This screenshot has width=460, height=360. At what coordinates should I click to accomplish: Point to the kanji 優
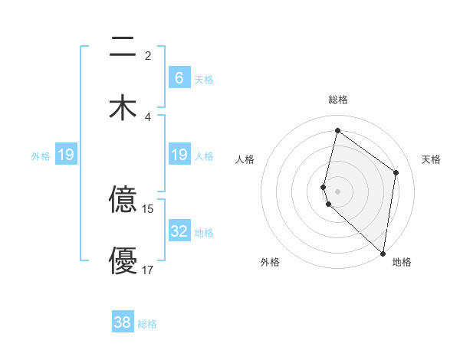click(x=123, y=260)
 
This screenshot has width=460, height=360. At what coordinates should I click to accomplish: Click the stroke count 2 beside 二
click(x=147, y=56)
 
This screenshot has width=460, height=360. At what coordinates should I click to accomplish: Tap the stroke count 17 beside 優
click(x=148, y=270)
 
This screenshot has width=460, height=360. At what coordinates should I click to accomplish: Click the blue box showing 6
click(x=179, y=77)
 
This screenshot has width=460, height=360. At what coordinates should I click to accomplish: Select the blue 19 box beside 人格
click(x=179, y=155)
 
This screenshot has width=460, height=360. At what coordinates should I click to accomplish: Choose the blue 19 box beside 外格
click(x=66, y=155)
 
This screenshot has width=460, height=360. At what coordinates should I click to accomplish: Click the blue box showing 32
click(x=179, y=231)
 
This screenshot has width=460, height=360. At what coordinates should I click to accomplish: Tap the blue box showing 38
click(x=123, y=322)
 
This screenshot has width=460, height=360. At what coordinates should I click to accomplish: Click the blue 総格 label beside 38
click(x=147, y=324)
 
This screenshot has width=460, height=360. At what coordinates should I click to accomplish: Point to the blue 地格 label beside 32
click(x=204, y=233)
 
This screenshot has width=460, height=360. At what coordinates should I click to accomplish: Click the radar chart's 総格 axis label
click(x=337, y=100)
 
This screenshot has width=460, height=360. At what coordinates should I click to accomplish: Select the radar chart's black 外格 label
click(x=270, y=262)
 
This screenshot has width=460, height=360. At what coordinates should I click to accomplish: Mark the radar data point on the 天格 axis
click(x=396, y=172)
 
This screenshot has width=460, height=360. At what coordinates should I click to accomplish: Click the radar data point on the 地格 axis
click(x=383, y=254)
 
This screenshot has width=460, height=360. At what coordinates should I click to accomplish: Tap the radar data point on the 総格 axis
click(x=337, y=131)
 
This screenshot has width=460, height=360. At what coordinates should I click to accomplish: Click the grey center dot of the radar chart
click(x=337, y=191)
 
